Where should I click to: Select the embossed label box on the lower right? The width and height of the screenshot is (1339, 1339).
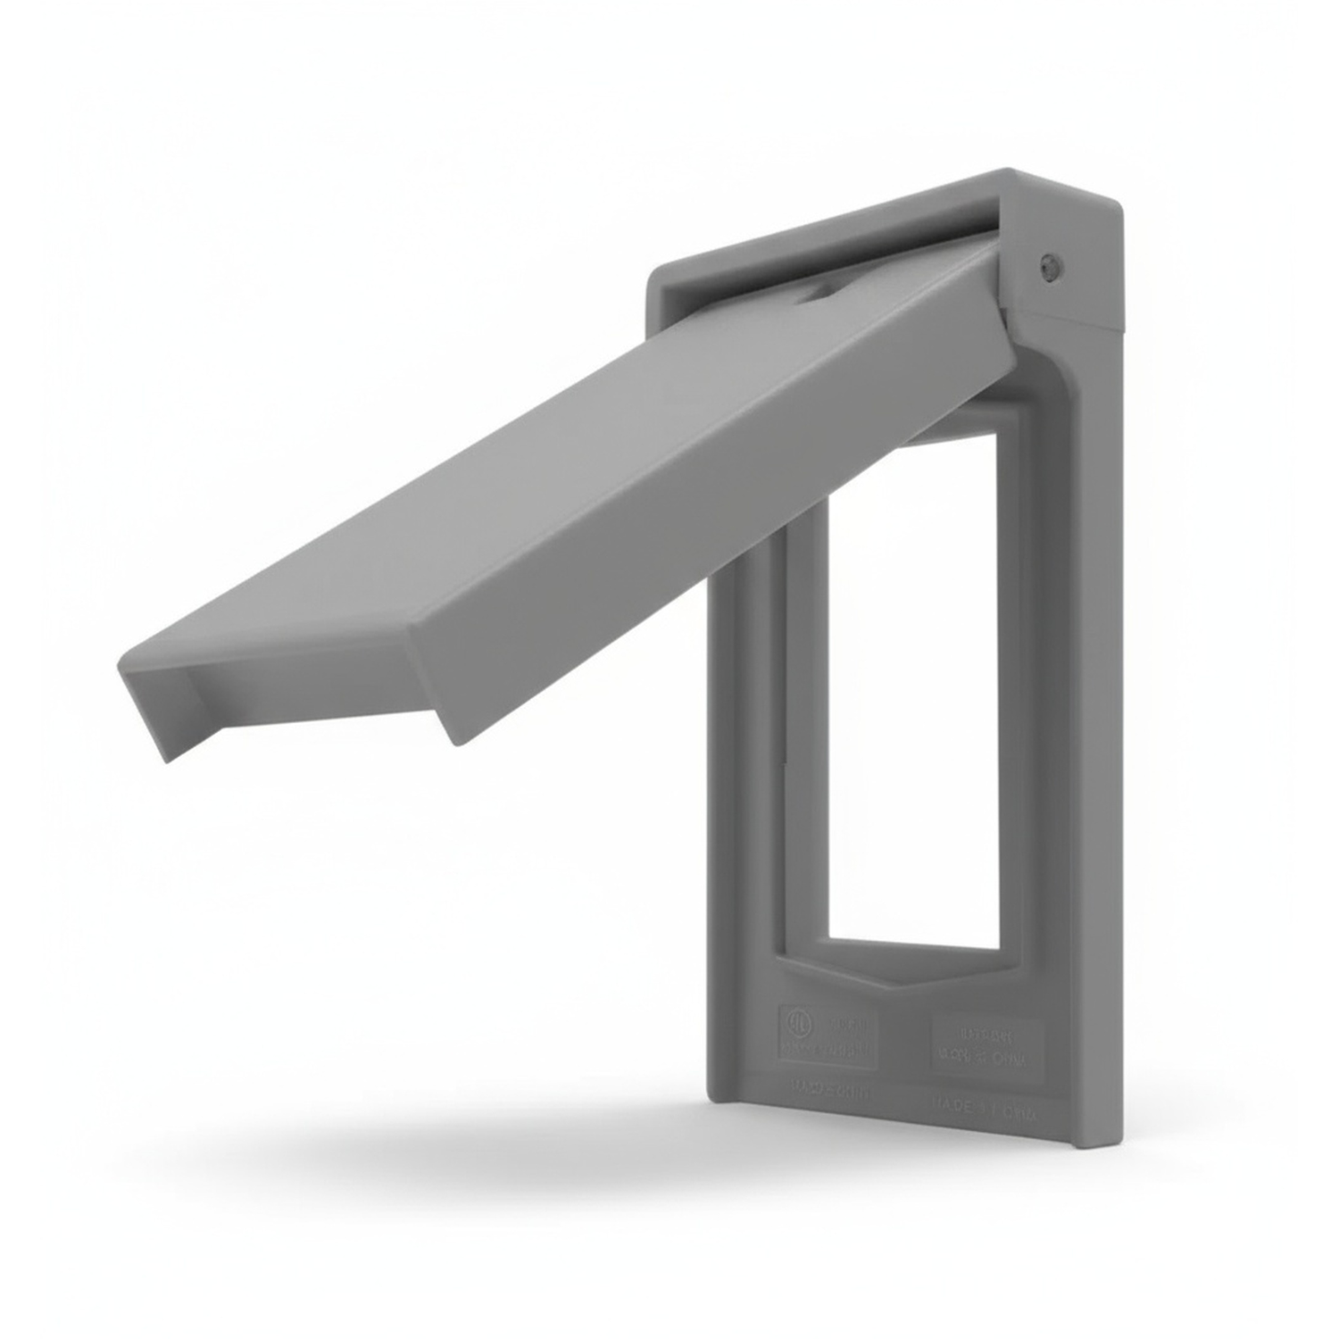986,1050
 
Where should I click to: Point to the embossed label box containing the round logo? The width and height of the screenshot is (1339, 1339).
828,1035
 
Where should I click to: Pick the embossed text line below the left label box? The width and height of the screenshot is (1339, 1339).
828,1091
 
